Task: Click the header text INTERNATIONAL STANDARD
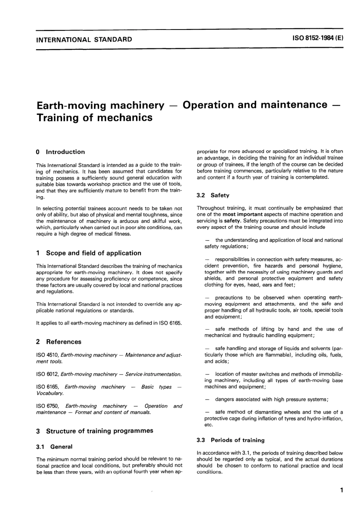pos(84,39)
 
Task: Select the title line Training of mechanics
pos(94,117)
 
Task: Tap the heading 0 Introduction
pos(60,152)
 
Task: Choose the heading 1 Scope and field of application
pos(88,253)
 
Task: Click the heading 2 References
pos(58,342)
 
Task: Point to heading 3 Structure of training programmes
pos(94,431)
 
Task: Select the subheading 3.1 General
pos(54,447)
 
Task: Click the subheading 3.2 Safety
pos(213,195)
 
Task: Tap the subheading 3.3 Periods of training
pos(231,440)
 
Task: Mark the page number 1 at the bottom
pos(341,491)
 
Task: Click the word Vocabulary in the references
pos(50,393)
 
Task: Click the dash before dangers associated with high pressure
pos(207,399)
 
